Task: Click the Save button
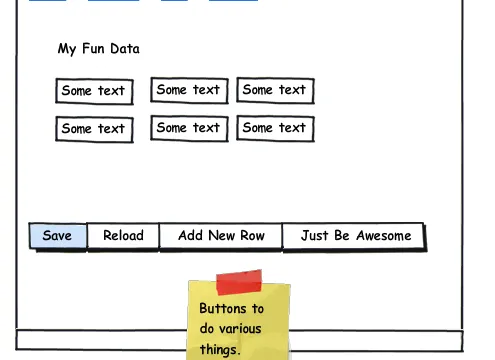(x=58, y=236)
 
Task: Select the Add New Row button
(x=221, y=236)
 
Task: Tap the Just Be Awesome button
(x=354, y=236)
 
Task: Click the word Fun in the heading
(x=93, y=49)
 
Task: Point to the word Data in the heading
(x=125, y=49)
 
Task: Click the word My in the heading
(x=67, y=49)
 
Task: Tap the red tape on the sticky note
(x=239, y=282)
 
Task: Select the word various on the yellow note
(x=240, y=329)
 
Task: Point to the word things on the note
(x=220, y=350)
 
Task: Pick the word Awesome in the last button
(x=384, y=236)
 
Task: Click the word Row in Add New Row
(x=253, y=236)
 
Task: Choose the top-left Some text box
(x=94, y=91)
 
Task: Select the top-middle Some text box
(x=189, y=90)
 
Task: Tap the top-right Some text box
(x=275, y=90)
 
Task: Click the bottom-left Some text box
(x=94, y=129)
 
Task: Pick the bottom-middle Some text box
(x=189, y=128)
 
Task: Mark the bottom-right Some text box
(x=275, y=128)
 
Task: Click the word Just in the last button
(x=315, y=236)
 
